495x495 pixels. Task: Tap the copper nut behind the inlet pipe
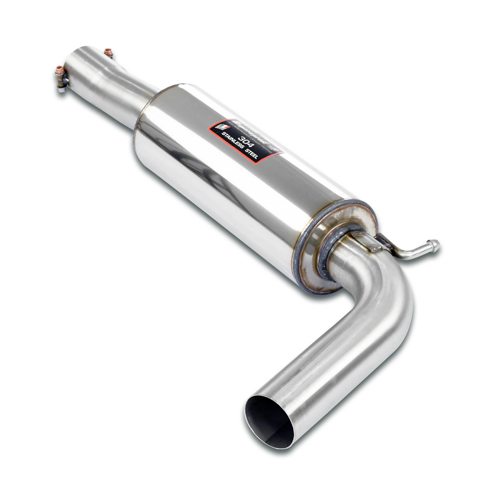pos(109,51)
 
